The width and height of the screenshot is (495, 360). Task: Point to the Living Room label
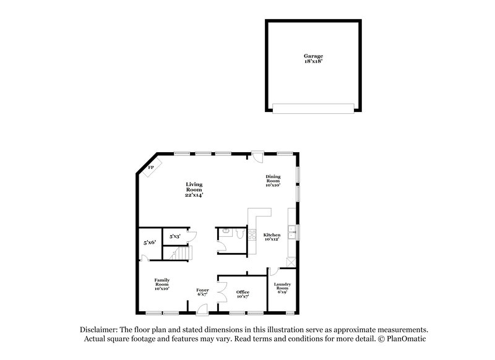pos(194,187)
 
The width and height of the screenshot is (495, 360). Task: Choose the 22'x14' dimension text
pos(194,195)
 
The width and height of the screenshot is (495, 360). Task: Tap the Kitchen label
pos(272,235)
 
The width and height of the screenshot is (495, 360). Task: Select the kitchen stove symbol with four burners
pos(252,235)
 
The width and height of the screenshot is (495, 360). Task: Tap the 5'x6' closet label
pos(149,243)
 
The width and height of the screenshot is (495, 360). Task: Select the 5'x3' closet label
pos(175,236)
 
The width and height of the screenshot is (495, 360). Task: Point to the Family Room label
pos(162,284)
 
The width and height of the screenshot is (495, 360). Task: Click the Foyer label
pos(202,290)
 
